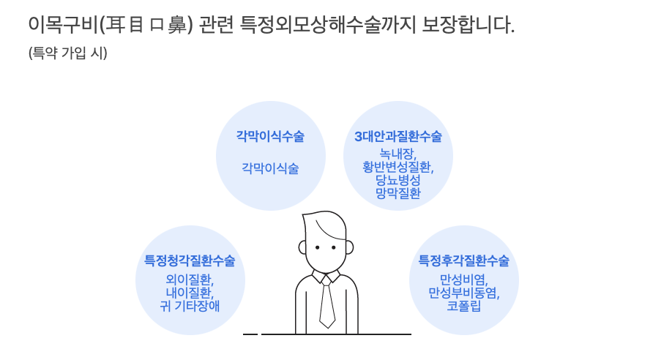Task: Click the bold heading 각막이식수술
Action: [270, 137]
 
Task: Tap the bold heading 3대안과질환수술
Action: [398, 137]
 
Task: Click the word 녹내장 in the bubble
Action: [398, 154]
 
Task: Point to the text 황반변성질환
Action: [398, 167]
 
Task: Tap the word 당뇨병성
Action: [398, 180]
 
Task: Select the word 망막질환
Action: [398, 193]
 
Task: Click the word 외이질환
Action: [190, 280]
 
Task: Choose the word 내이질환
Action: [190, 293]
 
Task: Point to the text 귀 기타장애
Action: [190, 306]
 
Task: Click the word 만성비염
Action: [463, 280]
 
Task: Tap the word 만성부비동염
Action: [463, 293]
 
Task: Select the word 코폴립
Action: [463, 306]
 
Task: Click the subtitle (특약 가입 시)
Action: [68, 53]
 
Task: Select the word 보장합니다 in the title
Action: [469, 25]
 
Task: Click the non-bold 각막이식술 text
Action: [270, 168]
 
